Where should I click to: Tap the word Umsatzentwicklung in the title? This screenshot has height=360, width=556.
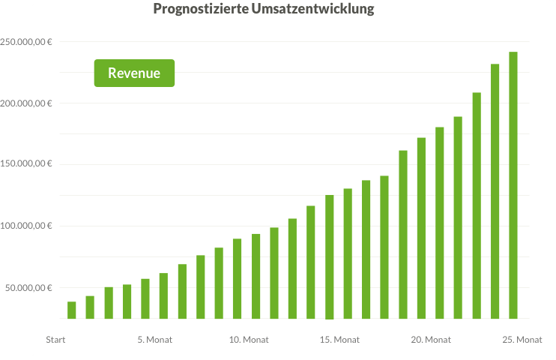pos(305,10)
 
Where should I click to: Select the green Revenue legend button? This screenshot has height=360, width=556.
pos(134,73)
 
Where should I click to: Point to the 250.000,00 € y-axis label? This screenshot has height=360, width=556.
pos(26,41)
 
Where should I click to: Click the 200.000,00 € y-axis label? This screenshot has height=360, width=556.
pos(26,103)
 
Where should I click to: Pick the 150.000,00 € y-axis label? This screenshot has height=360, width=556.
pos(26,164)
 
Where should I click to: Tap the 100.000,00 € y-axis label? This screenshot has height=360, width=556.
pos(26,226)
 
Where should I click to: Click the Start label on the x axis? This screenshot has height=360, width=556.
pos(55,340)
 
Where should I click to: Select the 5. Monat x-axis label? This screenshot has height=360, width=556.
pos(155,340)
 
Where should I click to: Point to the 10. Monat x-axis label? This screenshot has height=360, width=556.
pos(249,340)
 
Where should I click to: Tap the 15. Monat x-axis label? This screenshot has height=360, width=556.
pos(340,340)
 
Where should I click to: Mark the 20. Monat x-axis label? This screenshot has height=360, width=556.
pos(431,340)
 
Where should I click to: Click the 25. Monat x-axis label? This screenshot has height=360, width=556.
pos(522,340)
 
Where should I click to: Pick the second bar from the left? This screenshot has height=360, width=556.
pos(90,307)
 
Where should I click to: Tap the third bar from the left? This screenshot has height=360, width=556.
pos(109,303)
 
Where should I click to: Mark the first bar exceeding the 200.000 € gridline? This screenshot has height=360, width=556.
pos(477,205)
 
